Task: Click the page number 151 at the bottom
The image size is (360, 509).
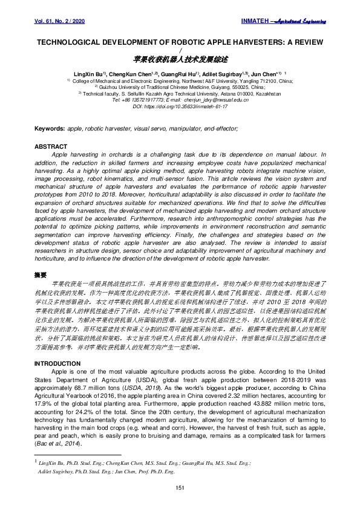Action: (x=180, y=487)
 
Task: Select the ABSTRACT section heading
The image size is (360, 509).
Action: (x=51, y=147)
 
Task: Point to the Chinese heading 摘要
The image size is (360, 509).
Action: (x=41, y=275)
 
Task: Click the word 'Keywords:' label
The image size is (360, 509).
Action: (x=50, y=129)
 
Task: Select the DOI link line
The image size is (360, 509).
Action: (x=180, y=106)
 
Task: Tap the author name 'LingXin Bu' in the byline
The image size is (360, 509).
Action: (x=96, y=73)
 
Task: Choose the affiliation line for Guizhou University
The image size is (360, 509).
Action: (x=180, y=86)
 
